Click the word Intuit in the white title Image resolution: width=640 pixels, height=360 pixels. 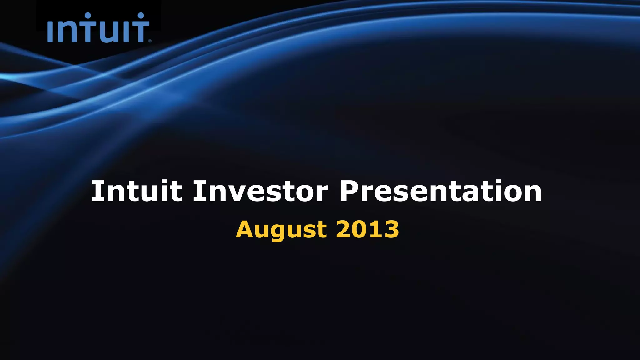136,191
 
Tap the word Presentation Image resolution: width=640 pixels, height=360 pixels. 441,191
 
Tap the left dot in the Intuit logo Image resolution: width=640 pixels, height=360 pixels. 88,16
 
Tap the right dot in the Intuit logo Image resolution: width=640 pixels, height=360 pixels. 141,16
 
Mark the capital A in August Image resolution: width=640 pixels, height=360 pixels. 245,229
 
